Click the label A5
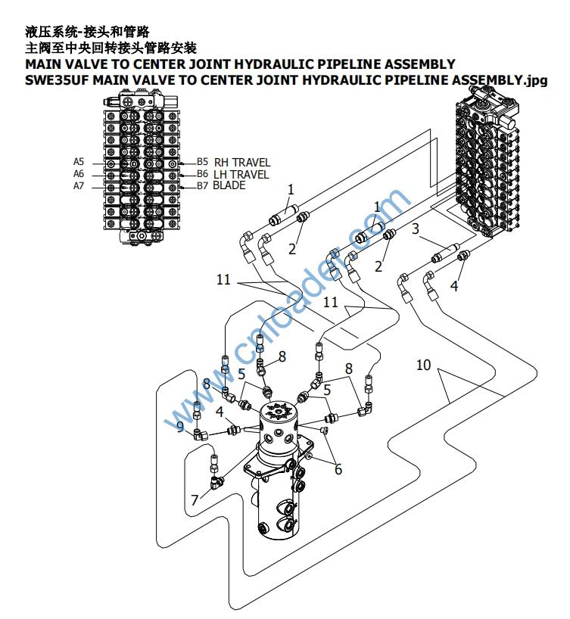click(79, 161)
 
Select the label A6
click(79, 173)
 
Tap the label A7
click(79, 186)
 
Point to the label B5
click(202, 161)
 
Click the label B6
click(202, 173)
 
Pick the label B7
click(202, 185)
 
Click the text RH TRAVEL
click(241, 162)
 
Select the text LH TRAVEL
click(241, 174)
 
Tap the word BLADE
click(229, 185)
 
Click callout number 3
click(415, 228)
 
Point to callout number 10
click(423, 365)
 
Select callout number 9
click(179, 428)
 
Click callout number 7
click(195, 500)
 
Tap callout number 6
click(338, 469)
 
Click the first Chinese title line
click(87, 31)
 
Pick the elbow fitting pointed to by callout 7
click(219, 479)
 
